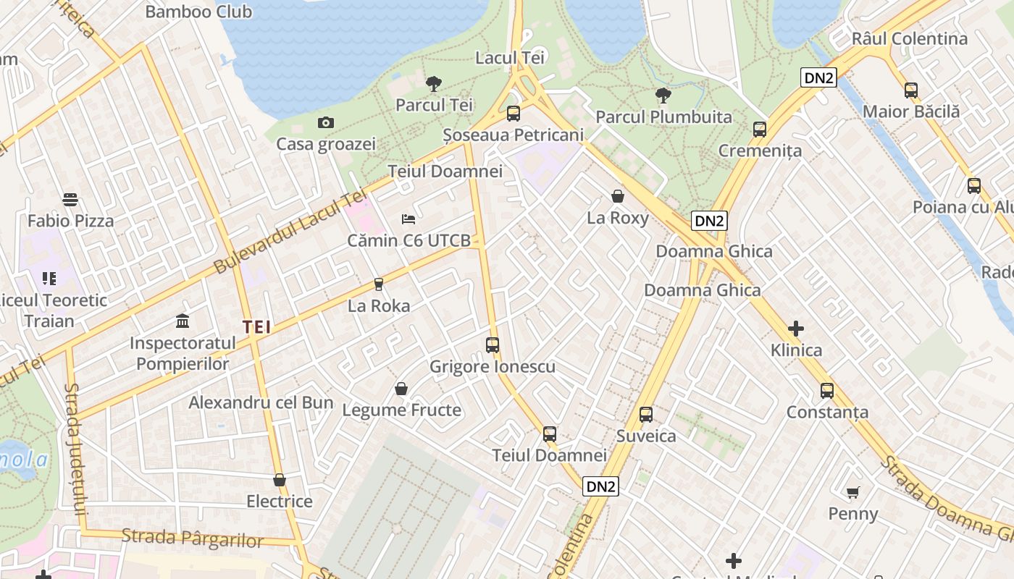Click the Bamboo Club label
click(198, 12)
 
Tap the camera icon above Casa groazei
click(326, 122)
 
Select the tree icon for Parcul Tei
click(434, 83)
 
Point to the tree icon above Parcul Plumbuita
click(663, 95)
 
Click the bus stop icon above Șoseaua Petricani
click(514, 113)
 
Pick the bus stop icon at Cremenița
click(760, 130)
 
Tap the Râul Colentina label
click(910, 38)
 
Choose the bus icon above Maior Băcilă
click(911, 90)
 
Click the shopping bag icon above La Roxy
click(618, 195)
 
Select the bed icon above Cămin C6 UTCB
click(408, 219)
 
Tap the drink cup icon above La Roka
click(378, 284)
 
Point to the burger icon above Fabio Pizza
click(70, 199)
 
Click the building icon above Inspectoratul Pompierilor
click(183, 320)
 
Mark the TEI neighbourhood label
click(257, 327)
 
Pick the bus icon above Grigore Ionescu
click(493, 345)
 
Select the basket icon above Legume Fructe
click(401, 389)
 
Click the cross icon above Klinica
click(796, 329)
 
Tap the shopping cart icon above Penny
click(853, 492)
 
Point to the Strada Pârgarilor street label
click(193, 538)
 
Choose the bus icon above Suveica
click(646, 415)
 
